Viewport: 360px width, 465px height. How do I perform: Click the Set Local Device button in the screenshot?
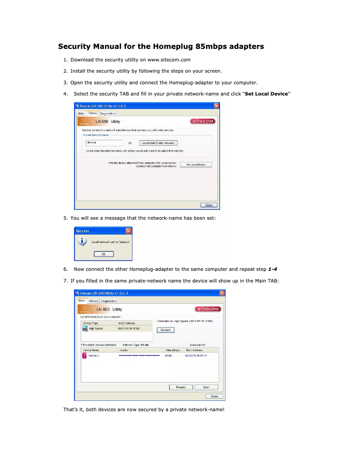[198, 165]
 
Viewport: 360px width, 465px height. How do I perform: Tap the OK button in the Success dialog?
[103, 254]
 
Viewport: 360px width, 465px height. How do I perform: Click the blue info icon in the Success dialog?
[82, 242]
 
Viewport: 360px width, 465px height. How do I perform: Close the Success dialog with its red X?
[128, 231]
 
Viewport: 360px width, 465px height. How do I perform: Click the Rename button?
[181, 387]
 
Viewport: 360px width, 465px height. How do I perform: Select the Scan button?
[206, 387]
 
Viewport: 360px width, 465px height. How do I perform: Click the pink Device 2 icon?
[84, 356]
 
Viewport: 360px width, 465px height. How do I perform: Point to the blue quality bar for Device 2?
[139, 356]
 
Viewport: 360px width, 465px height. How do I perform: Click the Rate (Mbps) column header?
[173, 350]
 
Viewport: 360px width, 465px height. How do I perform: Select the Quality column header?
[124, 350]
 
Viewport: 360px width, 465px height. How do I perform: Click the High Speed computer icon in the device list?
[85, 328]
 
